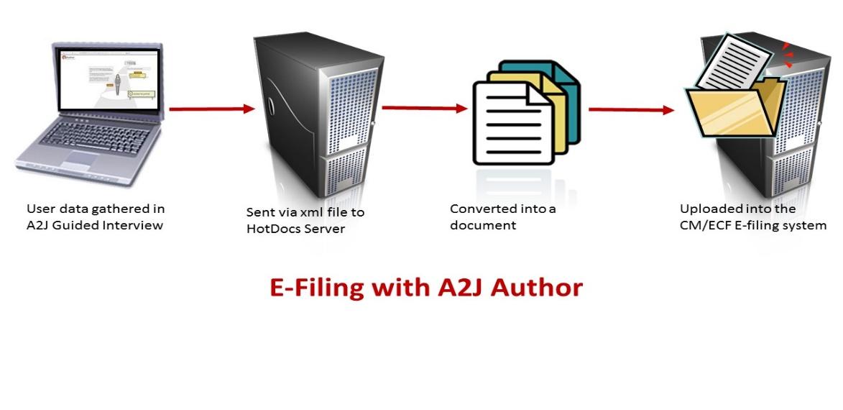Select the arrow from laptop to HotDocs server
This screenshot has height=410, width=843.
click(x=212, y=109)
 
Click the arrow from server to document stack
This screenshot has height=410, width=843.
click(x=424, y=108)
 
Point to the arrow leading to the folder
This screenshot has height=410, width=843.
click(x=631, y=110)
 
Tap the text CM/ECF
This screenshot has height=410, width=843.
click(x=705, y=225)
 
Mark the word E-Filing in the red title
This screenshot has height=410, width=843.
click(x=315, y=288)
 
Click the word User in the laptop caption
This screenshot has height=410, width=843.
click(x=40, y=209)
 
